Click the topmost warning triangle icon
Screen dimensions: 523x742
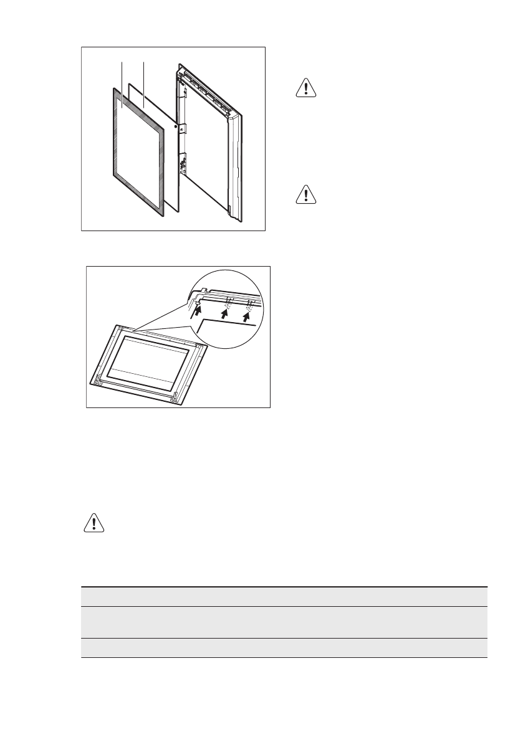[306, 88]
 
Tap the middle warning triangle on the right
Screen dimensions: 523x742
[306, 195]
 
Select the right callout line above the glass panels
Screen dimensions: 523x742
[144, 78]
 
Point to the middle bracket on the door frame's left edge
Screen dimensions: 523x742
[185, 128]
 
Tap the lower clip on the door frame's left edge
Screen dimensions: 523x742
[184, 163]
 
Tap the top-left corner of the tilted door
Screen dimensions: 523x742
[115, 326]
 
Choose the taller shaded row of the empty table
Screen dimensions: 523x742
[284, 622]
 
